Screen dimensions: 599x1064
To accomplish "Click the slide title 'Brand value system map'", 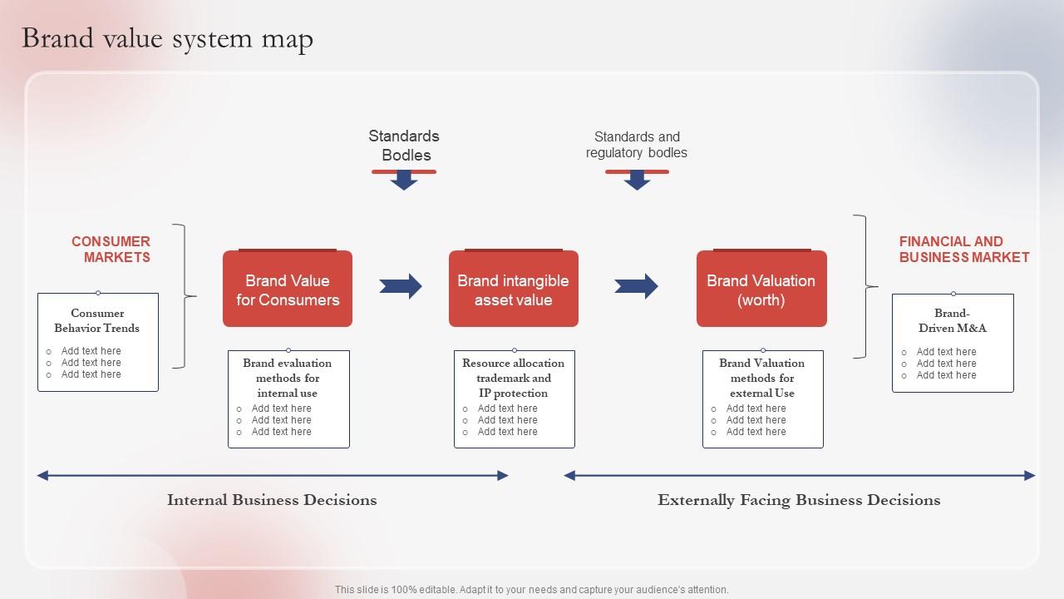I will pos(167,39).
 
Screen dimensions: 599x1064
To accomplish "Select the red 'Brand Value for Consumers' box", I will pos(288,290).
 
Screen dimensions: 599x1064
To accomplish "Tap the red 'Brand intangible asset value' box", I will pos(513,290).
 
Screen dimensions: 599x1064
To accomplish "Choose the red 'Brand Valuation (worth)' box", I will pos(761,290).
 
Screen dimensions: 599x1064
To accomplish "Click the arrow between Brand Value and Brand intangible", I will pos(401,286).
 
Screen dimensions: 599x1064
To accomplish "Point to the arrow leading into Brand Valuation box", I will pos(636,286).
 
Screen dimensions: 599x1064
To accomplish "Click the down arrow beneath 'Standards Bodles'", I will pos(404,180).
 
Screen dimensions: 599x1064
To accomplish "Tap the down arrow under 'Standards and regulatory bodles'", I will pos(637,180).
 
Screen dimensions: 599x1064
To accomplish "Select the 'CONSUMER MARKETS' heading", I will pos(111,250).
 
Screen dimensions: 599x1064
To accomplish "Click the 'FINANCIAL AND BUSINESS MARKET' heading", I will pos(963,250).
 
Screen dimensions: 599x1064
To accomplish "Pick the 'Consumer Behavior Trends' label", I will pos(97,320).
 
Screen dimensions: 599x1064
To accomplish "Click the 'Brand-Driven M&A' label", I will pos(952,320).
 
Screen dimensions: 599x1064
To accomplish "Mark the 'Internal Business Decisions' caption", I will pos(272,500).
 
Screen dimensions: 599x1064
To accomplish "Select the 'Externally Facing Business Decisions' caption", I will pos(799,500).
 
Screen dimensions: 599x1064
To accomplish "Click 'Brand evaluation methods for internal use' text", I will pos(288,378).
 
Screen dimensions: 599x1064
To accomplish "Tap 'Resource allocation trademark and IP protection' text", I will pos(513,378).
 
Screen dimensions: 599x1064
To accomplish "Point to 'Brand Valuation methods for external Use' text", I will pos(762,378).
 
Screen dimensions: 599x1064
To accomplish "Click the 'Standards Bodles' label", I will pos(404,146).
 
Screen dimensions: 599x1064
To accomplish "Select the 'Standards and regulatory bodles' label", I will pos(637,145).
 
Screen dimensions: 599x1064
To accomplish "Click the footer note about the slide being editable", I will pos(531,589).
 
